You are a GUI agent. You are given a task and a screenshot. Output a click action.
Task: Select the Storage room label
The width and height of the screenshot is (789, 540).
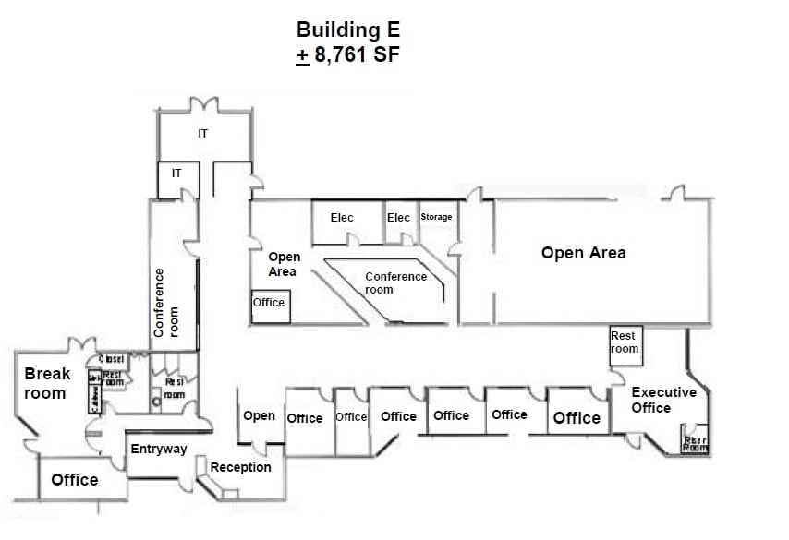click(436, 217)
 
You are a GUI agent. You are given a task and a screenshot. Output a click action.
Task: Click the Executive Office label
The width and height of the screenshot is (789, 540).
click(663, 400)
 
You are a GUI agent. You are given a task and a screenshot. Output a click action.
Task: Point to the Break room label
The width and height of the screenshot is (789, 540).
click(46, 384)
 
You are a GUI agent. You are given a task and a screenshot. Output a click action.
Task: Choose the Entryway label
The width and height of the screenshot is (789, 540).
click(159, 450)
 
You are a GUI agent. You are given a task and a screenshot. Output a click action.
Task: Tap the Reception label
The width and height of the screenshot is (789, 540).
click(241, 467)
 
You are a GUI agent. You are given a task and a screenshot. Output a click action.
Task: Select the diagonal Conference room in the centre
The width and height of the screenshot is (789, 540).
click(395, 282)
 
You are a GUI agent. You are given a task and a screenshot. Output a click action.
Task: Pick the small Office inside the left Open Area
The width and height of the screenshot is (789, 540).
click(269, 303)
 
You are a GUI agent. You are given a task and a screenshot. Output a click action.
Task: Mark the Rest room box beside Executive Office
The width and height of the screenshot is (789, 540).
click(625, 342)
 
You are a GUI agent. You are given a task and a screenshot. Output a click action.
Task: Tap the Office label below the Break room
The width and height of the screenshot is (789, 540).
click(75, 480)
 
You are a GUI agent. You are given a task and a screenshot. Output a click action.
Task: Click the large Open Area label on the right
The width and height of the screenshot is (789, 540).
click(583, 253)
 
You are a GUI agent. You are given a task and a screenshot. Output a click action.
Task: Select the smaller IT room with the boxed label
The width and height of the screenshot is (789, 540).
click(176, 173)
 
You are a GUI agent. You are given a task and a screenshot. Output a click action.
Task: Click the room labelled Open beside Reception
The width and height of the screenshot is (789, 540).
click(259, 416)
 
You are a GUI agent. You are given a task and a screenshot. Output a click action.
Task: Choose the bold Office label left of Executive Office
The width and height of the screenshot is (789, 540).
click(577, 418)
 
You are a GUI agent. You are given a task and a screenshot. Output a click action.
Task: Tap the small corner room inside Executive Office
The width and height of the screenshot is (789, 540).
click(694, 441)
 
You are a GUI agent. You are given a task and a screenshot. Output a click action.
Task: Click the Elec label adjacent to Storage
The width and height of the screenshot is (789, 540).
click(399, 218)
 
